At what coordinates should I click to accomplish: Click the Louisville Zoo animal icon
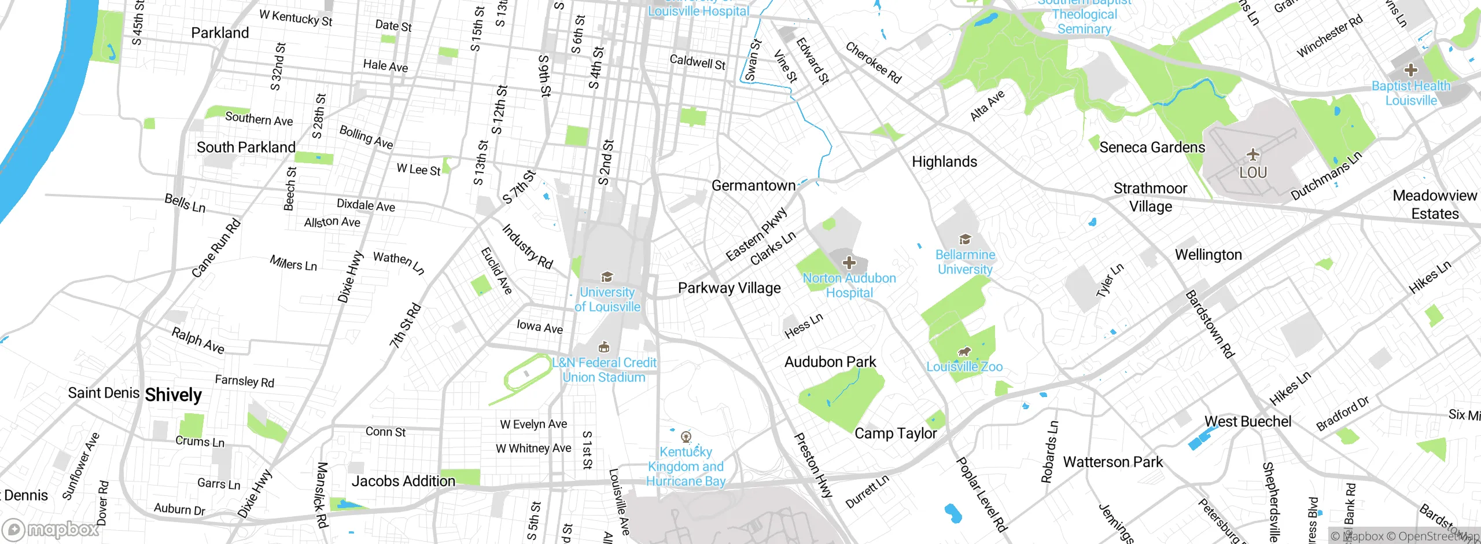(x=964, y=352)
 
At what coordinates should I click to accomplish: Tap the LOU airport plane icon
(x=1253, y=155)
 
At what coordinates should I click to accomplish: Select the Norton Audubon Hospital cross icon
(x=849, y=263)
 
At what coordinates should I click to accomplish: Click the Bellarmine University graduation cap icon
(x=964, y=240)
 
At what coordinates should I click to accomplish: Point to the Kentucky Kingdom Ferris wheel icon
(x=686, y=436)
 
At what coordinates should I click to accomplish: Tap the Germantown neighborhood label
(x=753, y=186)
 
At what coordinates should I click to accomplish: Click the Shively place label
(x=173, y=395)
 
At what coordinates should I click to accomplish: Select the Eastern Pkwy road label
(x=756, y=234)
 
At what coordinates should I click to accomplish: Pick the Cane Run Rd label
(x=216, y=248)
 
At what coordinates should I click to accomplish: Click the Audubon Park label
(x=830, y=362)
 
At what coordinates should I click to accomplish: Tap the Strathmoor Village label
(x=1150, y=197)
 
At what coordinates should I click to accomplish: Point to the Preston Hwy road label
(x=812, y=465)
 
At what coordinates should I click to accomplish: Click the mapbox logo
(x=51, y=529)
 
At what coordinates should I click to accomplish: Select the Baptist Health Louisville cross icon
(x=1410, y=71)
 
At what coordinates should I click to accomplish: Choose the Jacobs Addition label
(x=403, y=481)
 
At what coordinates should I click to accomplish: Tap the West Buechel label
(x=1247, y=421)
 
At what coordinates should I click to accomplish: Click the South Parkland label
(x=246, y=147)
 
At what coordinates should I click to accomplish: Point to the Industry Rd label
(x=527, y=247)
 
